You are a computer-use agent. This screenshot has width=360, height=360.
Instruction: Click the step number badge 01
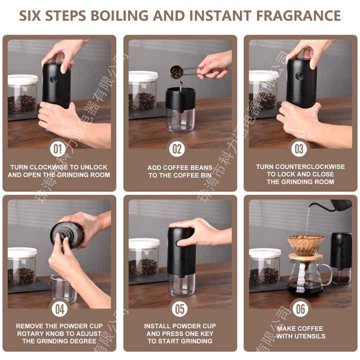tap(58, 148)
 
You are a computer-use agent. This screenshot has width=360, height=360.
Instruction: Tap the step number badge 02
tap(178, 148)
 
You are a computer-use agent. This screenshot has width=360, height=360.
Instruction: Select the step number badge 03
tap(299, 148)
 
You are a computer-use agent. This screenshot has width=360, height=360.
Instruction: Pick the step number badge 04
tap(59, 308)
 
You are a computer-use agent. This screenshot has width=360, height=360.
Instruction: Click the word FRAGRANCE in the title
tap(298, 15)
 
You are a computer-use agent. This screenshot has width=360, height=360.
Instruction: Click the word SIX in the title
tap(34, 15)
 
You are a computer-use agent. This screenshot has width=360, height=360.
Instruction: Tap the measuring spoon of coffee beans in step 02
tap(177, 72)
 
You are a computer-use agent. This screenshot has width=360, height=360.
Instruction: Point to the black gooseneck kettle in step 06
tap(340, 204)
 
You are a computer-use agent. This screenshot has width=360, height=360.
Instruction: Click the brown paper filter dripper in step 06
tap(305, 244)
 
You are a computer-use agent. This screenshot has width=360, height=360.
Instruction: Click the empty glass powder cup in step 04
tap(63, 289)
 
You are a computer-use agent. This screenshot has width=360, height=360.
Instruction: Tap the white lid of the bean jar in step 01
tap(22, 79)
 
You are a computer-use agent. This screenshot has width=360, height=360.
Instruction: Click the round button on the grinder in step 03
tap(299, 76)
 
